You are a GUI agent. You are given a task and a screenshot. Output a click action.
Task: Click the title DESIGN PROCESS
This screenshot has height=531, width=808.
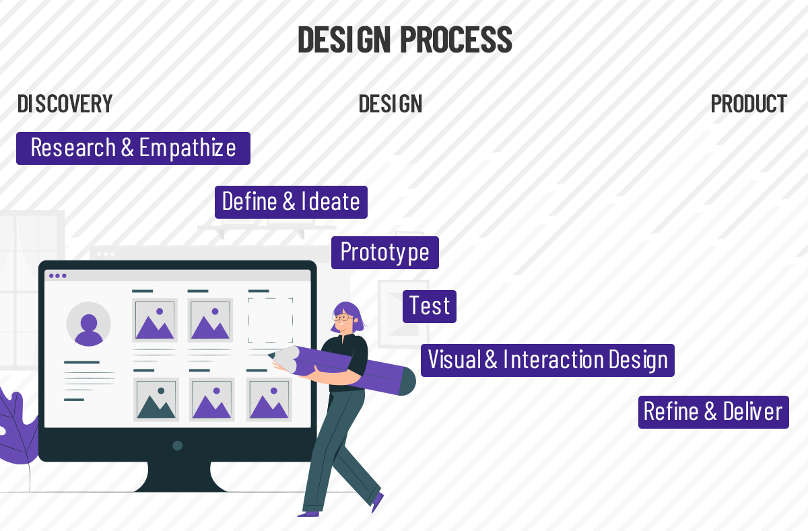click(405, 40)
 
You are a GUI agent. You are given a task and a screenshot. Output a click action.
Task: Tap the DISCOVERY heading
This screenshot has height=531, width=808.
click(65, 104)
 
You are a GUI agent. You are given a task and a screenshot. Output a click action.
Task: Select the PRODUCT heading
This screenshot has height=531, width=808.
click(749, 104)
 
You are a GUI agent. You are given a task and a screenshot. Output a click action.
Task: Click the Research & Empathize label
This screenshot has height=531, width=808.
click(133, 148)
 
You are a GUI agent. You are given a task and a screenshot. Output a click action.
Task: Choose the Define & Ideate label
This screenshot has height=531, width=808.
click(291, 202)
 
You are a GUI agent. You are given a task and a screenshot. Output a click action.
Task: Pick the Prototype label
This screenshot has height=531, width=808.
click(385, 252)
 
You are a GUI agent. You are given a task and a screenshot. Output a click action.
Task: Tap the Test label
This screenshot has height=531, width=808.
click(430, 306)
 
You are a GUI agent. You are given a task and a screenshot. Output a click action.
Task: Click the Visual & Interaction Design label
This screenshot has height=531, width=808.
click(547, 360)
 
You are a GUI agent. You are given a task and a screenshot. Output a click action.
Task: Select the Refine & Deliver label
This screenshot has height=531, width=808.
click(714, 412)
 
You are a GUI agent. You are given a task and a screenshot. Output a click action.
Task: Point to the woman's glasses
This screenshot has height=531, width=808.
click(342, 318)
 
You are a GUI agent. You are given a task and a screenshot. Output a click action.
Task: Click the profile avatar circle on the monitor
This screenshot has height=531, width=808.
click(88, 324)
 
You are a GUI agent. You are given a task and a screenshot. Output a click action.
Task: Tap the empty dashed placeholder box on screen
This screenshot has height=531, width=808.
click(271, 320)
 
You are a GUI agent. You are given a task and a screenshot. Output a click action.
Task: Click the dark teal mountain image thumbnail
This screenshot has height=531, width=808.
click(156, 399)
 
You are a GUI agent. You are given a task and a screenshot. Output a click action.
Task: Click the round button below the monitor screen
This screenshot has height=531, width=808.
click(178, 446)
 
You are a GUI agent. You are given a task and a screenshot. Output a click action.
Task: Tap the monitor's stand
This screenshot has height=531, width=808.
click(179, 476)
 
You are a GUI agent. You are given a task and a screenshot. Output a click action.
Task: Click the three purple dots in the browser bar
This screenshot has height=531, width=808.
click(58, 276)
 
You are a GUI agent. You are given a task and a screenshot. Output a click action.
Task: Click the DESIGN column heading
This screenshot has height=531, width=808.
click(391, 104)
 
